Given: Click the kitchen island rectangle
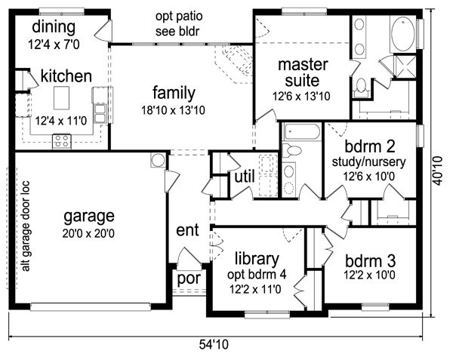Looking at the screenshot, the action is point(62,97).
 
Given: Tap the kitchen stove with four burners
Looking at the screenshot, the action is point(62,141).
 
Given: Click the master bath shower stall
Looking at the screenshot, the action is point(405,67).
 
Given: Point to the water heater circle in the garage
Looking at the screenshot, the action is point(158,160).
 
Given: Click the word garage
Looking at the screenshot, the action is point(89,217).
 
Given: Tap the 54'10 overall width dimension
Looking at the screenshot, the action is point(214,344).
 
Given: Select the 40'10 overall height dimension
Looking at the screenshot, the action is point(437,171).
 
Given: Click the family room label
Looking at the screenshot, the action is point(174,94).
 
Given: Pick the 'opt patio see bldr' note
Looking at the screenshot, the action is point(178,23).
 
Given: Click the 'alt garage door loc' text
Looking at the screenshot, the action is point(26,226).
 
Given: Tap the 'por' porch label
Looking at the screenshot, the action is point(189,278).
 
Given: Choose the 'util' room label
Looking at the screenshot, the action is point(245,176).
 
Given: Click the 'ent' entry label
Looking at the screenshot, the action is point(187,230).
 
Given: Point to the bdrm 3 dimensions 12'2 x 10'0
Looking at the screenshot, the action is point(369,275).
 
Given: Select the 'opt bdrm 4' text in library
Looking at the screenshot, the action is point(257,275).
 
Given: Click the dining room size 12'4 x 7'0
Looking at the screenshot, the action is point(54,45).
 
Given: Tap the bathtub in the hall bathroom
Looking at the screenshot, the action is point(301,132).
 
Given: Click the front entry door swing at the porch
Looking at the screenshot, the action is point(189,256).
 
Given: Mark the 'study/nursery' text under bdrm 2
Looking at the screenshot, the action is point(368,162).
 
